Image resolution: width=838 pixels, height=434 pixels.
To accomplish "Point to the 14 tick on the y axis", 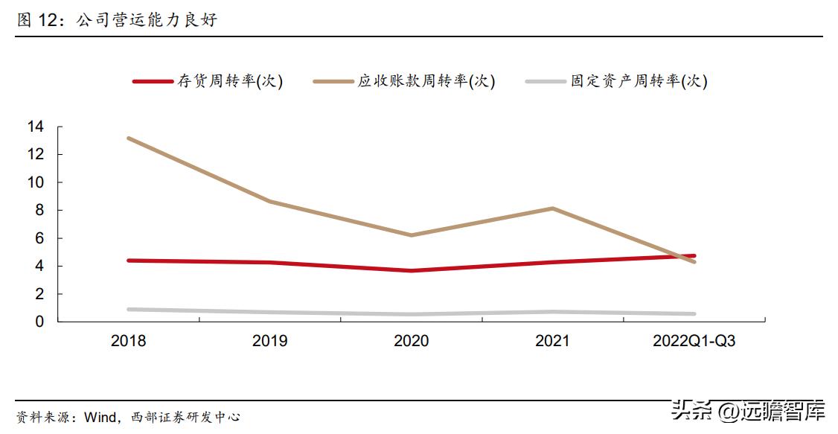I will coord(36,127).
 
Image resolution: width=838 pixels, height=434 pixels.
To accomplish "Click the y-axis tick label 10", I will coord(36,183).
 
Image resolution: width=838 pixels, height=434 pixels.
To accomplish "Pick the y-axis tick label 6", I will coord(40,239).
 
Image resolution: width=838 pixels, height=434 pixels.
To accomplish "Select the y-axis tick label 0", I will coord(40,322).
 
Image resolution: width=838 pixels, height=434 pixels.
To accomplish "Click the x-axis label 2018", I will coord(129,342).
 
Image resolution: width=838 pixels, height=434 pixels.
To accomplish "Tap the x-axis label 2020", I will coord(411,342).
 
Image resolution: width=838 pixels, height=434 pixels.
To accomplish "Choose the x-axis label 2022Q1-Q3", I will coord(694,342).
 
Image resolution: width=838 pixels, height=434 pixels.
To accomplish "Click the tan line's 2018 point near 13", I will coord(129,138).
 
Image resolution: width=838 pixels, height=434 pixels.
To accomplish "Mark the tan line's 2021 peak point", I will coord(552,208).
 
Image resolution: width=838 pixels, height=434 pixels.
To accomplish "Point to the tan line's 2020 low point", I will coord(411,235).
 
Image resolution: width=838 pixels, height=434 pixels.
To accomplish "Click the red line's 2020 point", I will coord(411,270).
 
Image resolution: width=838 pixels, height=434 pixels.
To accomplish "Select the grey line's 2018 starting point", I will coord(129,309).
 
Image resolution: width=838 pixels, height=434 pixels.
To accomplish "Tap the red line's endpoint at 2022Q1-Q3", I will coord(694,256).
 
